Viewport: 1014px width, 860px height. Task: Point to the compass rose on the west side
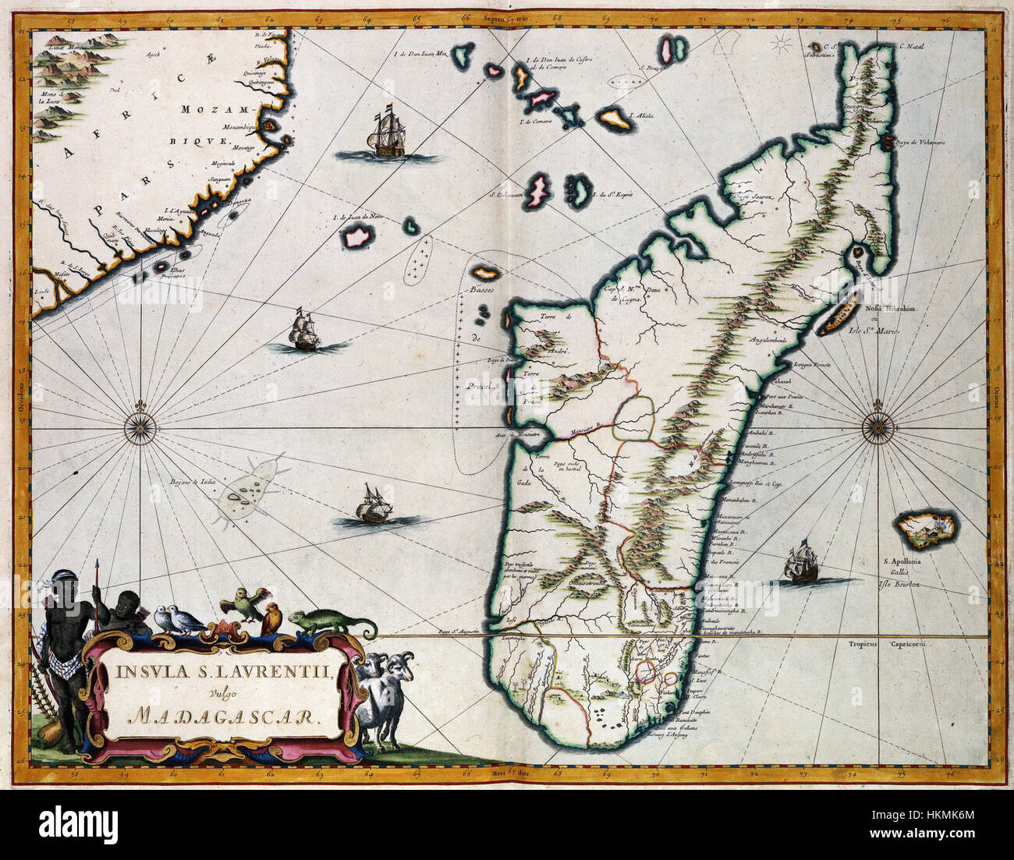pos(141,426)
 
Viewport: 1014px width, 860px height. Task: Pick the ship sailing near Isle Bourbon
pos(801,564)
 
